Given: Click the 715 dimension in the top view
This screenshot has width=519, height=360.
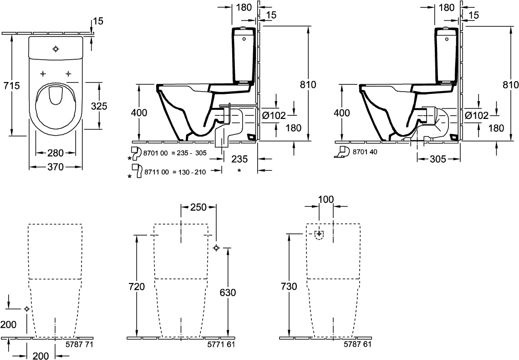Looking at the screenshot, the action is click(11, 86).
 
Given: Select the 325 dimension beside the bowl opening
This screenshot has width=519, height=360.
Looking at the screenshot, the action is click(99, 106).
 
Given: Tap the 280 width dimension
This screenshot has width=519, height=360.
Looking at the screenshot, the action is click(55, 153).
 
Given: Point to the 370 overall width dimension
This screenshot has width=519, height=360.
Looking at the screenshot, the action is click(55, 167).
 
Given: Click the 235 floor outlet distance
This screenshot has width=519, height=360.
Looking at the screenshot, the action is click(239, 159).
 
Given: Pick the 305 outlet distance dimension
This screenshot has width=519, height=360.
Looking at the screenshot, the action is click(438, 159).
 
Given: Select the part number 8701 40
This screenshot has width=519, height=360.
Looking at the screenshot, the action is click(365, 152).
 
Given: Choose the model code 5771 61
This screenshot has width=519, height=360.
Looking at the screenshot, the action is click(221, 345).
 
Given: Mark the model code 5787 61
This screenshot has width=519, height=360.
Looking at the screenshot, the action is click(357, 345).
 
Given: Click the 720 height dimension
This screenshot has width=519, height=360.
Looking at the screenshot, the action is click(137, 287).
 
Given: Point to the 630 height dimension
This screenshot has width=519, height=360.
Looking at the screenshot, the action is click(228, 293).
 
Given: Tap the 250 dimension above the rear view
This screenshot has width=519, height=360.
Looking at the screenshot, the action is click(198, 207).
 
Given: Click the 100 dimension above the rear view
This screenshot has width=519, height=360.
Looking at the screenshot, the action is click(326, 200).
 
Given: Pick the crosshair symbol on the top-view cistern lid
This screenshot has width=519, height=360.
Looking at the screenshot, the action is click(56, 49).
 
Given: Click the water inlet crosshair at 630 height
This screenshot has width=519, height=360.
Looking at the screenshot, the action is click(216, 248).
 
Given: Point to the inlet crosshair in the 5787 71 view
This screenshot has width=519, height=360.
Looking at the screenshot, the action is click(27, 309).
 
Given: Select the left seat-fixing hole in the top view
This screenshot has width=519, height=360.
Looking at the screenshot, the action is click(43, 73).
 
